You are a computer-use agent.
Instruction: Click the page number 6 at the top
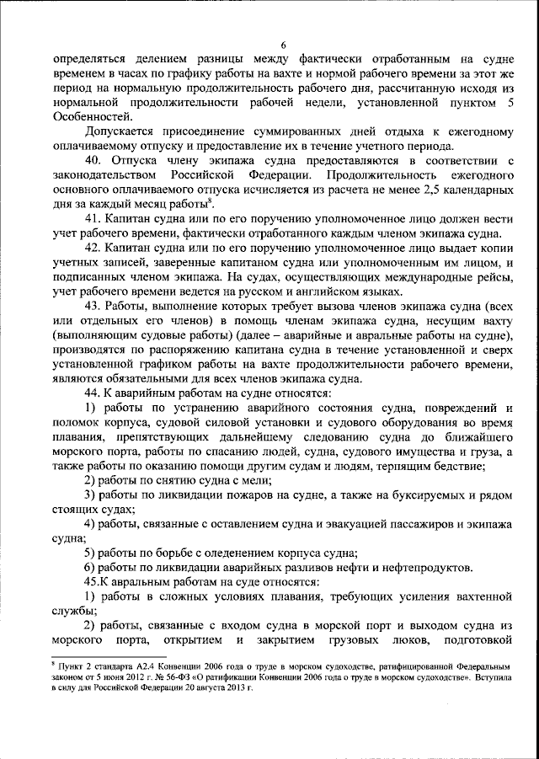click(x=284, y=45)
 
